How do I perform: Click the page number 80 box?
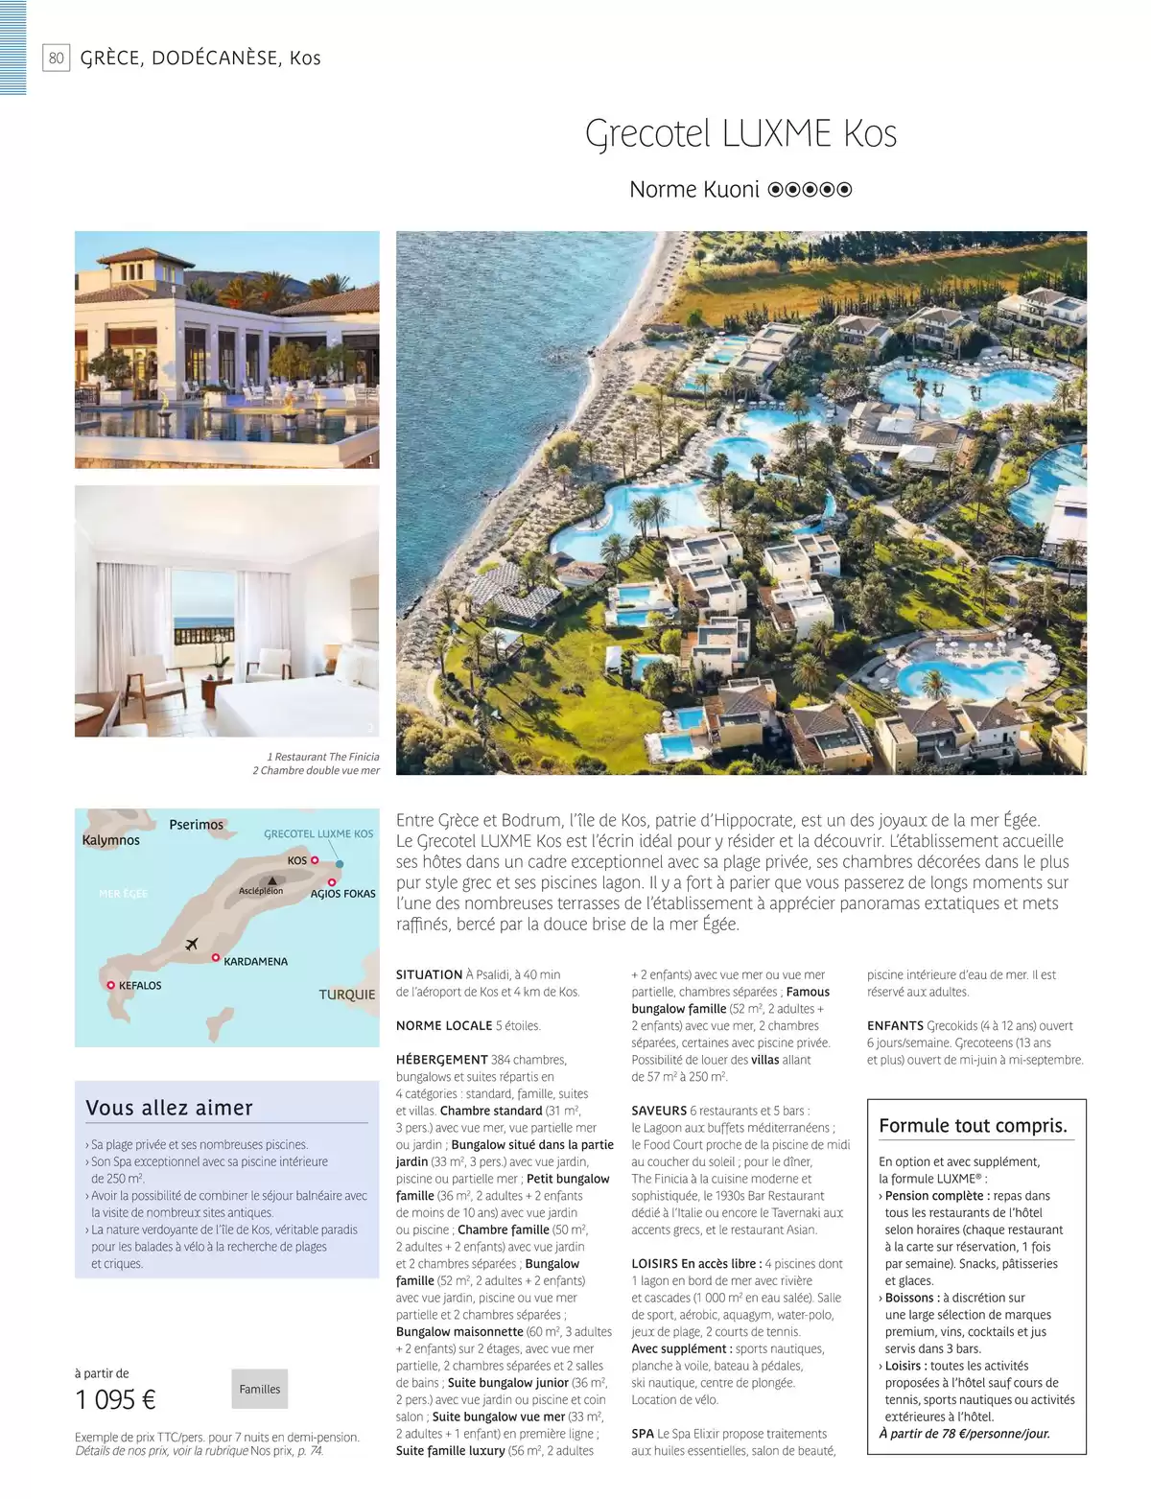[57, 59]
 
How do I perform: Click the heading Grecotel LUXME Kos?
[740, 134]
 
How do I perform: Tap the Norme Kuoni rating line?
[740, 190]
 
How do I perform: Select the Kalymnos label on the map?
[111, 840]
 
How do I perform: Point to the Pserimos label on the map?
[196, 825]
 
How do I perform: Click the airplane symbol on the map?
[192, 944]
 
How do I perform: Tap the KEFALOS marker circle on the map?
[111, 985]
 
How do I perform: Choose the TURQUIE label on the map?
[346, 995]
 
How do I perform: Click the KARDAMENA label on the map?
[255, 961]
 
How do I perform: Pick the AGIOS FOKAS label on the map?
[342, 894]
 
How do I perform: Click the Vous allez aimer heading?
[169, 1108]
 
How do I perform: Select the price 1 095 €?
[115, 1400]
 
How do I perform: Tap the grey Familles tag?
[260, 1389]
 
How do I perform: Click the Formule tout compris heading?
[973, 1126]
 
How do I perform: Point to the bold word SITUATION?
[429, 974]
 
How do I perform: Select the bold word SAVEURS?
[659, 1111]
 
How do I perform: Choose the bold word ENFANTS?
[895, 1025]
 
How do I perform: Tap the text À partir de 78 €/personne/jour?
[964, 1434]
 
